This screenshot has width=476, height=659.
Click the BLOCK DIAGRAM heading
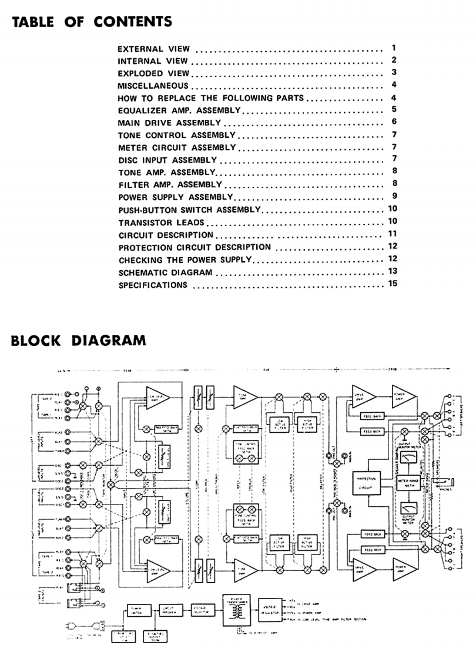click(78, 340)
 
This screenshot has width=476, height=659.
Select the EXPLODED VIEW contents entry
click(153, 73)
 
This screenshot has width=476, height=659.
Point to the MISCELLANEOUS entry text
click(153, 86)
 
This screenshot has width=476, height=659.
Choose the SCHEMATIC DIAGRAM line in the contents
click(165, 273)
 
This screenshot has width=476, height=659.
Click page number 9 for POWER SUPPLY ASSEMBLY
click(395, 196)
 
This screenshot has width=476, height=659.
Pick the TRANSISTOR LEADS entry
click(161, 223)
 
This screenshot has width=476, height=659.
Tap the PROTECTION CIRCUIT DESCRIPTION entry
click(195, 247)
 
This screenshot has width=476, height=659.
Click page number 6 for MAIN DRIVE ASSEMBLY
click(395, 122)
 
